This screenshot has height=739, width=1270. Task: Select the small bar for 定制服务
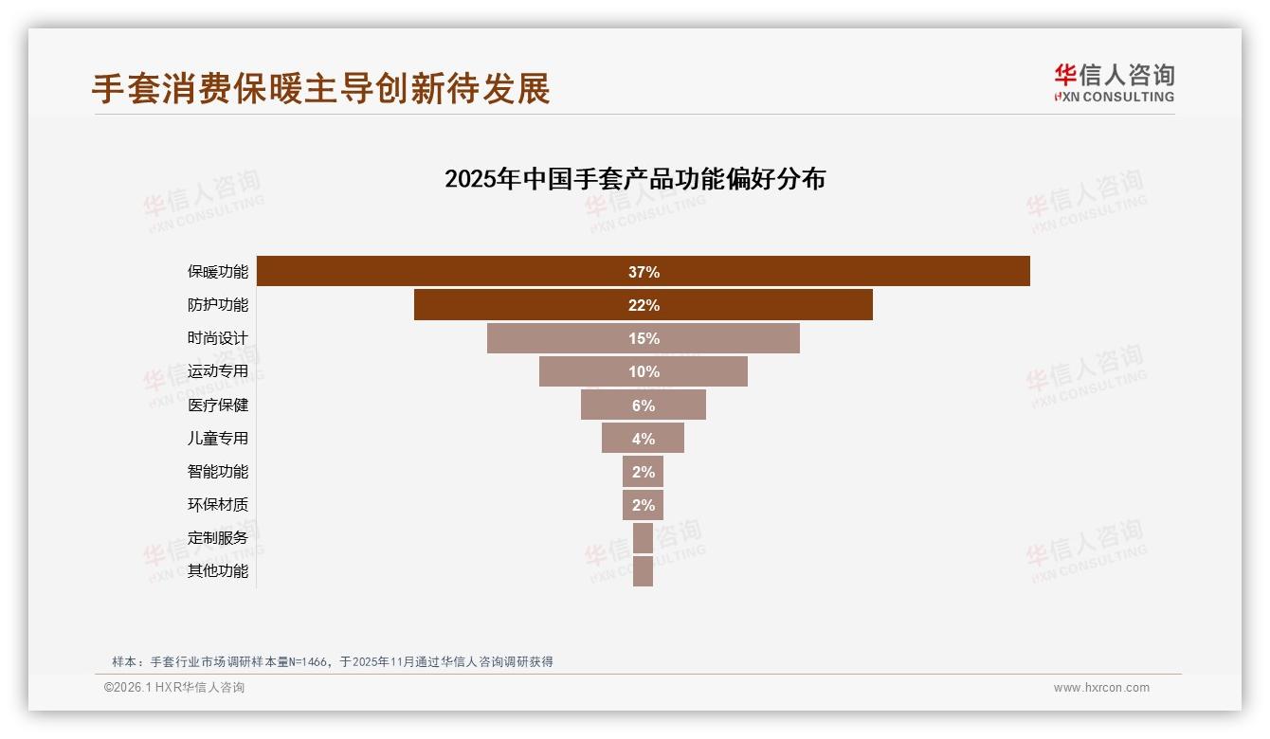click(x=643, y=538)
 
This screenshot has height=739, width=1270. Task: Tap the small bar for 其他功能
click(x=643, y=571)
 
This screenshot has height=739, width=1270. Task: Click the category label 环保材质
click(x=217, y=505)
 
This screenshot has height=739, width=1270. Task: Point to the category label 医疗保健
click(x=217, y=406)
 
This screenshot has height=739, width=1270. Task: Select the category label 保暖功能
click(x=217, y=272)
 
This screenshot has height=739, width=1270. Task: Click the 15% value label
click(x=644, y=338)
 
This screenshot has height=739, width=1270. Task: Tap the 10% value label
click(x=644, y=371)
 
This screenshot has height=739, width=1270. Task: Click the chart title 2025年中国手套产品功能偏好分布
click(x=635, y=179)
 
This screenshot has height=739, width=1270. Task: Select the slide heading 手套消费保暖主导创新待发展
click(x=320, y=89)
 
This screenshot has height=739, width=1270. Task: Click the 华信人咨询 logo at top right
click(x=1114, y=83)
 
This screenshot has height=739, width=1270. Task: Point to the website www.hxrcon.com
click(x=1101, y=688)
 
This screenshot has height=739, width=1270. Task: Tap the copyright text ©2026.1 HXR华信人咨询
click(x=174, y=688)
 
